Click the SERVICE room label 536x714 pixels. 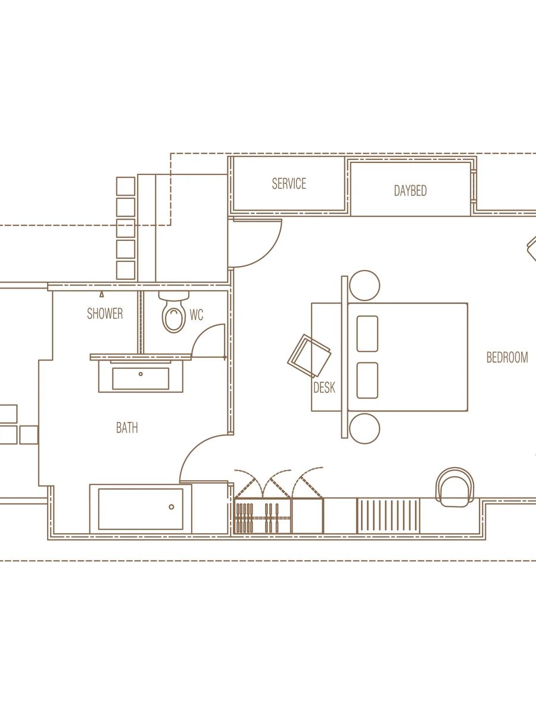(x=289, y=184)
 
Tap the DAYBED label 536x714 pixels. (x=410, y=190)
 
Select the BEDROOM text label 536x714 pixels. (x=507, y=358)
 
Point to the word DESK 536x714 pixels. (x=324, y=387)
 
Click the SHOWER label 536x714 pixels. (x=105, y=314)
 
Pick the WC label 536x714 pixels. (x=197, y=315)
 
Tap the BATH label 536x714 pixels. (x=127, y=427)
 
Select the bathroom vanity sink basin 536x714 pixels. (x=141, y=378)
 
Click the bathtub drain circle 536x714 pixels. (x=171, y=507)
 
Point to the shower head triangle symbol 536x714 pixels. (x=102, y=295)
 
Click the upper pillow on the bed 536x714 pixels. (x=367, y=334)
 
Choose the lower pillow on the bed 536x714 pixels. (x=367, y=381)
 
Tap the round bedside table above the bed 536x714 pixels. (x=364, y=285)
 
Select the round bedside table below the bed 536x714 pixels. (x=364, y=429)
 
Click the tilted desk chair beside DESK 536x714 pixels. (x=309, y=356)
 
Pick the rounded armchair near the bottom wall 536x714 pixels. (x=455, y=487)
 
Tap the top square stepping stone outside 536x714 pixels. (x=126, y=186)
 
